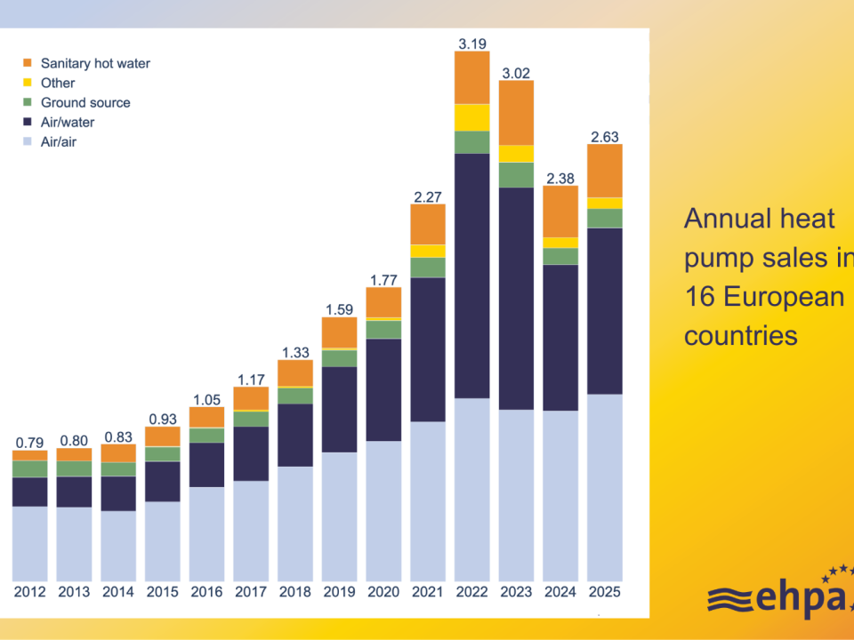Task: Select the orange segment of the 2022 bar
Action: (x=471, y=77)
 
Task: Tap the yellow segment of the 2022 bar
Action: (x=471, y=117)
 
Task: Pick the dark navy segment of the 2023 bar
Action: (x=516, y=298)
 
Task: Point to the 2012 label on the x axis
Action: (x=29, y=592)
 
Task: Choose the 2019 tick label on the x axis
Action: (x=339, y=592)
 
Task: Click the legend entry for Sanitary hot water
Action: (x=95, y=63)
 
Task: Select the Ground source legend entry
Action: (x=85, y=102)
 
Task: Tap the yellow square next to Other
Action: (x=27, y=83)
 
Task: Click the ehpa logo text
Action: (x=783, y=600)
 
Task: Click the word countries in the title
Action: (x=740, y=335)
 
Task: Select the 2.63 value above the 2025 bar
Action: (x=605, y=136)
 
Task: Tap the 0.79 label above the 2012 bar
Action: (x=29, y=442)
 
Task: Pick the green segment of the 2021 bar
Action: (x=428, y=268)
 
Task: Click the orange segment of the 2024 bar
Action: (x=560, y=212)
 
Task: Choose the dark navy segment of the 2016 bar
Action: (x=206, y=464)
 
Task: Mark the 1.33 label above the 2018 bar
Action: (x=295, y=351)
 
